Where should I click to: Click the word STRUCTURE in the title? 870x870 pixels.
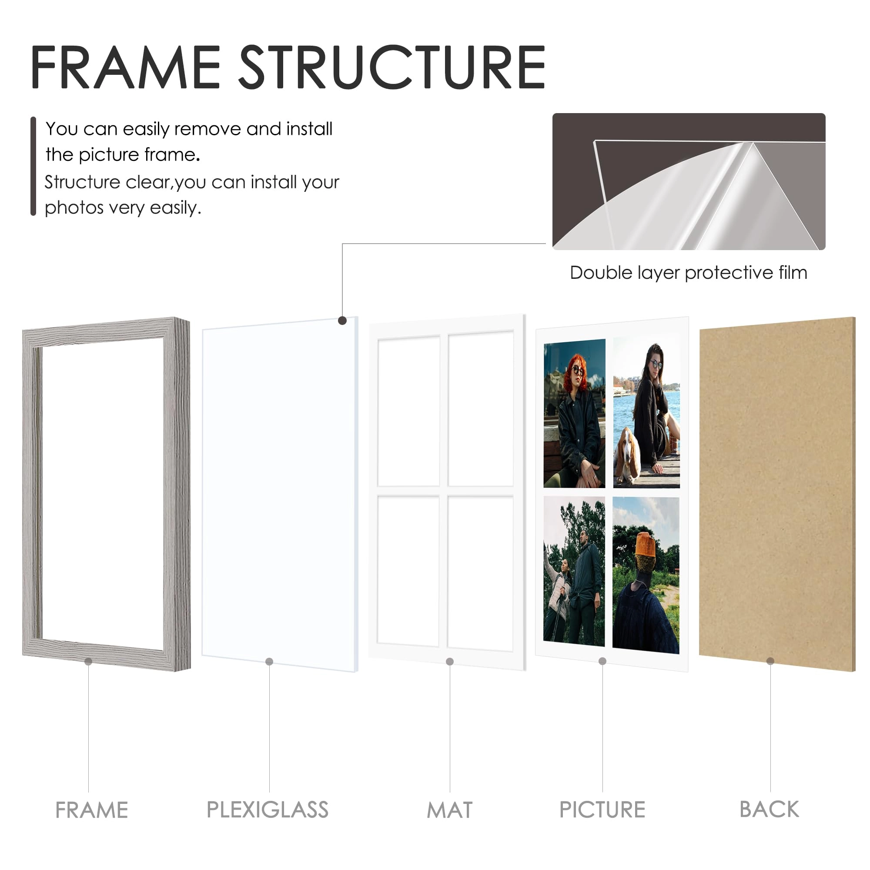coord(392,67)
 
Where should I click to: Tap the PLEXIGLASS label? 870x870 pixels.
coord(268,810)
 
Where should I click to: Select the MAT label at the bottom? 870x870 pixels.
coord(449,810)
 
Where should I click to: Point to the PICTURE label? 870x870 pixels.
coord(602,810)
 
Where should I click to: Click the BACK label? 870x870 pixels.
coord(769,809)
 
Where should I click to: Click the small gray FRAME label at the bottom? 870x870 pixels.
coord(91,810)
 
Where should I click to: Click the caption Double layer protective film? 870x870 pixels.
coord(689,273)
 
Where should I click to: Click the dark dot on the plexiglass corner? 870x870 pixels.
coord(342,321)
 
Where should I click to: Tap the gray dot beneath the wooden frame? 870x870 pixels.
coord(88,662)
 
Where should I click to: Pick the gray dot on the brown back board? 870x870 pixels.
coord(770,661)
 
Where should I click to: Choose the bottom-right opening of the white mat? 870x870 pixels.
coord(480,573)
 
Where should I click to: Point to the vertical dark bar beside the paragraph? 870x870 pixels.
coord(33,166)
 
